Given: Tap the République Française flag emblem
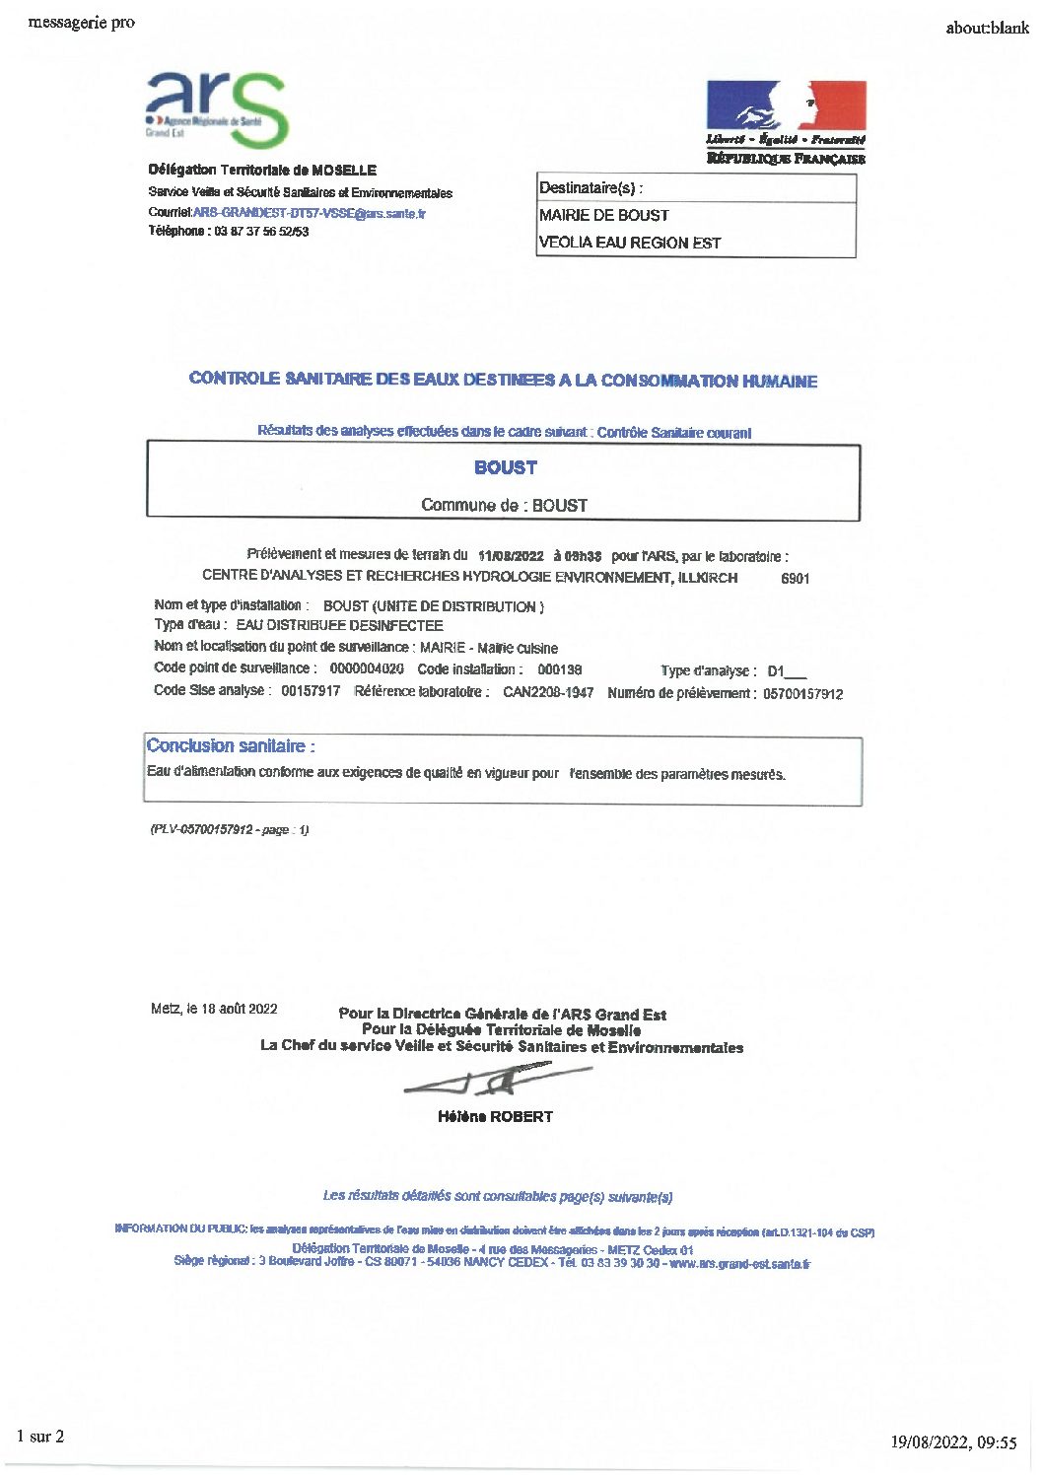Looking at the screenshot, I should click(x=786, y=105).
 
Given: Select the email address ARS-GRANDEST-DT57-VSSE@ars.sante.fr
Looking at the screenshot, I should click(x=310, y=213).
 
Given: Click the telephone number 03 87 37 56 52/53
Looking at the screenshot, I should click(x=261, y=232).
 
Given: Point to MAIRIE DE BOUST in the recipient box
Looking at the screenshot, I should click(x=603, y=215).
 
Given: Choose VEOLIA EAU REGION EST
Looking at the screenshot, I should click(x=629, y=243).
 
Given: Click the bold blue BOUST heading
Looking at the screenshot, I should click(x=505, y=467).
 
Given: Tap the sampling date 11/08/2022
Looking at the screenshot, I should click(x=511, y=556).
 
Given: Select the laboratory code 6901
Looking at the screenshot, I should click(x=795, y=579).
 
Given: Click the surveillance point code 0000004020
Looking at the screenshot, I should click(x=367, y=668).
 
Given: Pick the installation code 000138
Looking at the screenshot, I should click(x=559, y=669).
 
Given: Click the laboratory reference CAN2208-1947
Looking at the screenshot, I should click(x=548, y=692).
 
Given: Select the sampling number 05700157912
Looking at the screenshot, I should click(x=802, y=694).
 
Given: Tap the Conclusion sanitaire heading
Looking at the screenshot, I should click(x=231, y=746).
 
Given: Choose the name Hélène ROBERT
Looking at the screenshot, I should click(x=495, y=1117).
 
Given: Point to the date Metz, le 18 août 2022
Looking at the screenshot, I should click(x=214, y=1009).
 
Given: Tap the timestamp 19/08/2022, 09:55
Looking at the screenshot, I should click(x=953, y=1442).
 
